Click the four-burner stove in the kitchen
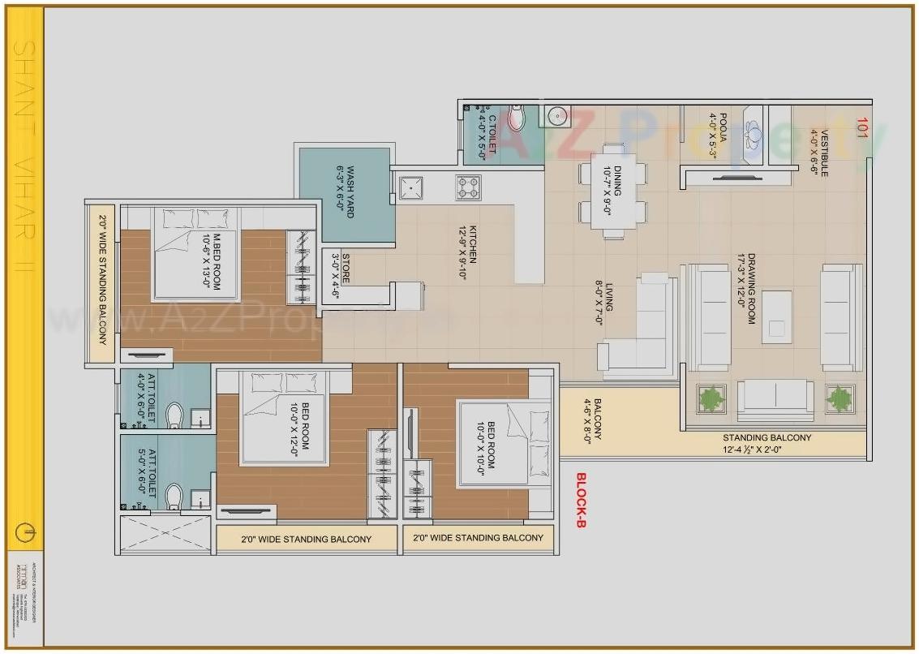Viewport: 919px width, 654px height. point(469,187)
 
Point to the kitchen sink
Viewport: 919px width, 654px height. point(411,187)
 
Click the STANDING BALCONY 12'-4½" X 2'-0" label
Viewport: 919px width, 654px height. point(767,443)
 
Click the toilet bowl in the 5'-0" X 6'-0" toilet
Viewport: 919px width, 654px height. point(173,496)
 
